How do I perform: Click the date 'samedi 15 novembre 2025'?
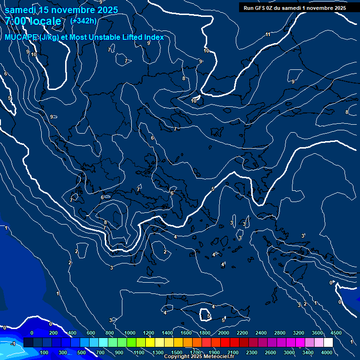pyautogui.click(x=61, y=10)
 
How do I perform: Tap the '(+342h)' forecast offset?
pyautogui.click(x=83, y=21)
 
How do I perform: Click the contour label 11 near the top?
pyautogui.click(x=268, y=35)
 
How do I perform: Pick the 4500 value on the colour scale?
pyautogui.click(x=336, y=333)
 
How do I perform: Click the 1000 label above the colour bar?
pyautogui.click(x=130, y=333)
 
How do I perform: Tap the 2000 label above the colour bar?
pyautogui.click(x=224, y=333)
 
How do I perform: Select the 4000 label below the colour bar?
pyautogui.click(x=327, y=352)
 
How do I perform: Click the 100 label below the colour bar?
pyautogui.click(x=45, y=352)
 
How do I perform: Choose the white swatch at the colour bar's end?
pyautogui.click(x=328, y=343)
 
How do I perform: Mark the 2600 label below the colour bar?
pyautogui.click(x=270, y=352)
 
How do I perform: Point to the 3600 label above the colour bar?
pyautogui.click(x=317, y=333)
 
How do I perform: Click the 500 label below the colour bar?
pyautogui.click(x=82, y=352)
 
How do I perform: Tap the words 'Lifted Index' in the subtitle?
pyautogui.click(x=141, y=37)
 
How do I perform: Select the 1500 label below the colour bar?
pyautogui.click(x=177, y=352)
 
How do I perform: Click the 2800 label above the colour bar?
pyautogui.click(x=280, y=333)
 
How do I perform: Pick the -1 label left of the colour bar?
pyautogui.click(x=13, y=344)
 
